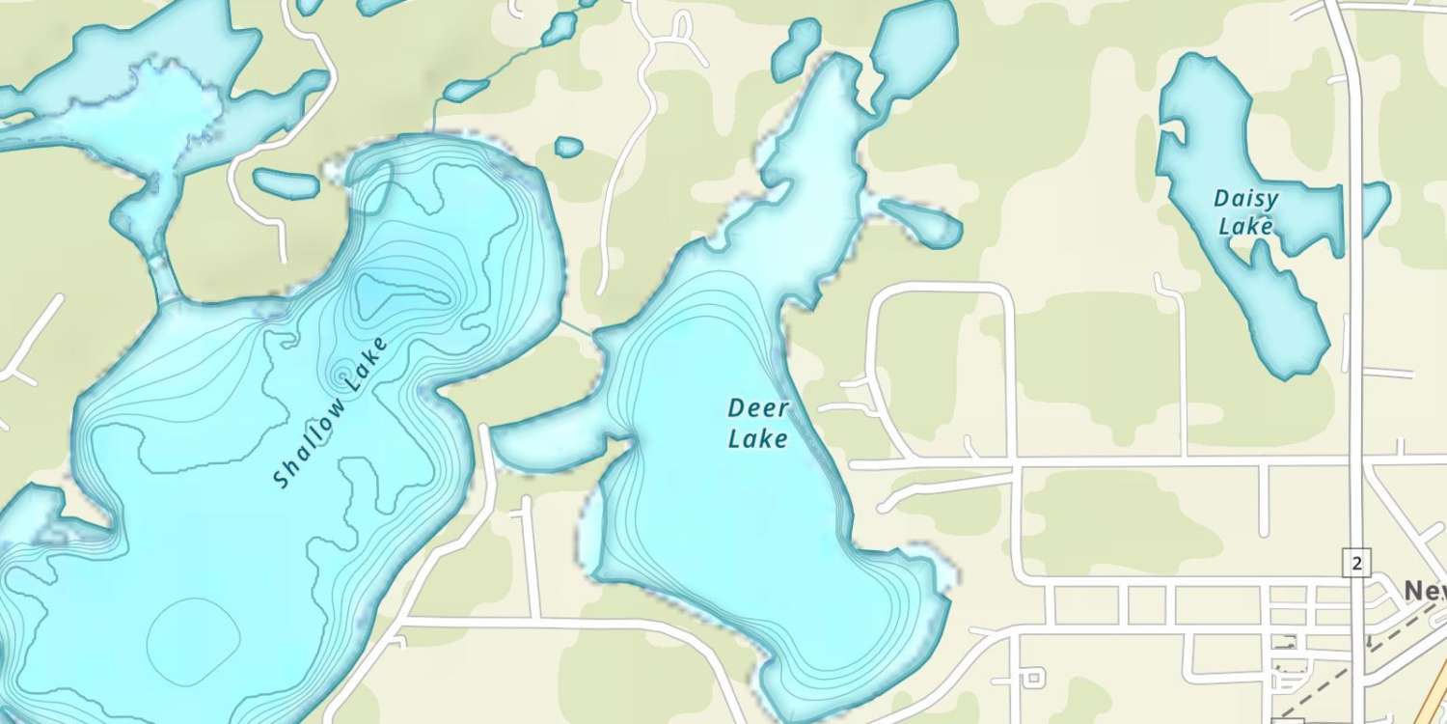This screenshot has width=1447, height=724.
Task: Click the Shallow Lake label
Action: pos(330,412)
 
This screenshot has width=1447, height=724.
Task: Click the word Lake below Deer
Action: pos(757,440)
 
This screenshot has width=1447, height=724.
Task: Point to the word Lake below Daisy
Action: pos(1245,228)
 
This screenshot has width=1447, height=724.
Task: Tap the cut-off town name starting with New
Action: pos(1425,590)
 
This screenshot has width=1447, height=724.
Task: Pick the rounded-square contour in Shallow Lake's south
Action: pos(193,637)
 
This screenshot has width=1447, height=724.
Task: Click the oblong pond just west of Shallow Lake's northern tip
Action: pos(286,181)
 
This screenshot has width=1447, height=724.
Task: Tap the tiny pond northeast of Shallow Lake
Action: pos(569,147)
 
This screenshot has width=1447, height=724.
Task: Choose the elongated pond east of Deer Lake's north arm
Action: pos(921,223)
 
